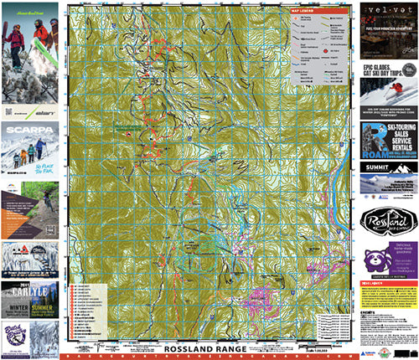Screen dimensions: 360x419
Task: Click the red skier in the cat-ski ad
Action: pos(401,85)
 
